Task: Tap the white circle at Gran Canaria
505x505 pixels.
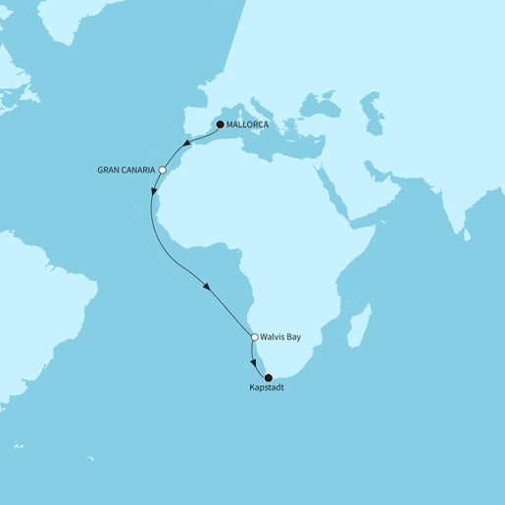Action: (x=164, y=169)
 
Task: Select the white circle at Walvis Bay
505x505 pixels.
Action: (x=255, y=337)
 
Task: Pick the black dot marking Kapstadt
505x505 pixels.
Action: (x=268, y=378)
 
